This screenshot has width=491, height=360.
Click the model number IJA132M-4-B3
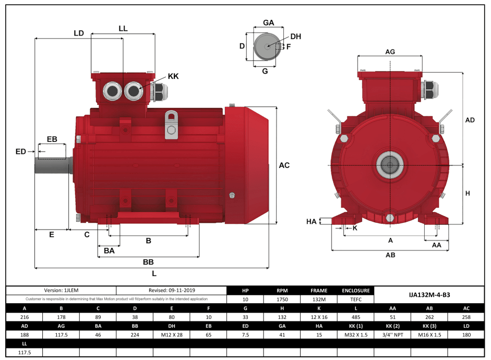429,295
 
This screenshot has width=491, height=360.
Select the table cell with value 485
356,317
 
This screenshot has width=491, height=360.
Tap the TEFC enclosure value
356,299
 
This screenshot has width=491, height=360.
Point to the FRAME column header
319,291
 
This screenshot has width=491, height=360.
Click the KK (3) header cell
429,326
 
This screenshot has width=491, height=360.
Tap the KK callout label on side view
173,76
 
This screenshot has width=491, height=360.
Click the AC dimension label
284,165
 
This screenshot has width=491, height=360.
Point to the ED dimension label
21,152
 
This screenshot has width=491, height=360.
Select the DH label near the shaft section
295,37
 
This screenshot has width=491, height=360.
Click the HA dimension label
312,222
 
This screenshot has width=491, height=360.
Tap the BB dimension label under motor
148,261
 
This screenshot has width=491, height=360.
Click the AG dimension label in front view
390,51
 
